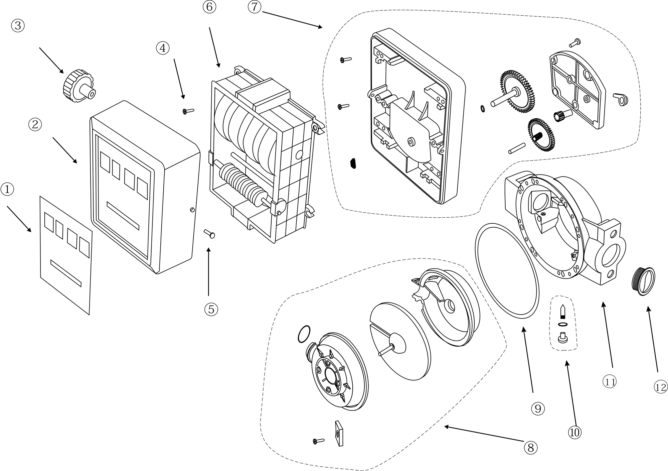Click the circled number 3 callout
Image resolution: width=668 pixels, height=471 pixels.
[18, 25]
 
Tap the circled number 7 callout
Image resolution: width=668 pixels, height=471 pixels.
[255, 7]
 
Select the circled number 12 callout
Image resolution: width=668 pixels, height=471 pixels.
[660, 387]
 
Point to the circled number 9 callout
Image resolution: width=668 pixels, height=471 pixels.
[538, 408]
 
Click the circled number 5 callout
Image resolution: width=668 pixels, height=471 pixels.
[211, 309]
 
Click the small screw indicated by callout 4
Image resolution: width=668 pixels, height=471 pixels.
[188, 111]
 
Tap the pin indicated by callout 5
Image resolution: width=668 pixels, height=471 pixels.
[209, 233]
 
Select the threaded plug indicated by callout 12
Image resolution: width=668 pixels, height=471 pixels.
[644, 281]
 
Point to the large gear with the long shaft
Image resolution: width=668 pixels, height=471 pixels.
[517, 91]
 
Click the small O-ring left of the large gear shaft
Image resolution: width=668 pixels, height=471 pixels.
[482, 109]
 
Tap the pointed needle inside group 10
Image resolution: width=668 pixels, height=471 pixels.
[562, 312]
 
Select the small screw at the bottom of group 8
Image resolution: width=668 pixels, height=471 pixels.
[319, 441]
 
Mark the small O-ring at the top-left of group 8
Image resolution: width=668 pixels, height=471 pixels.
[304, 334]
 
